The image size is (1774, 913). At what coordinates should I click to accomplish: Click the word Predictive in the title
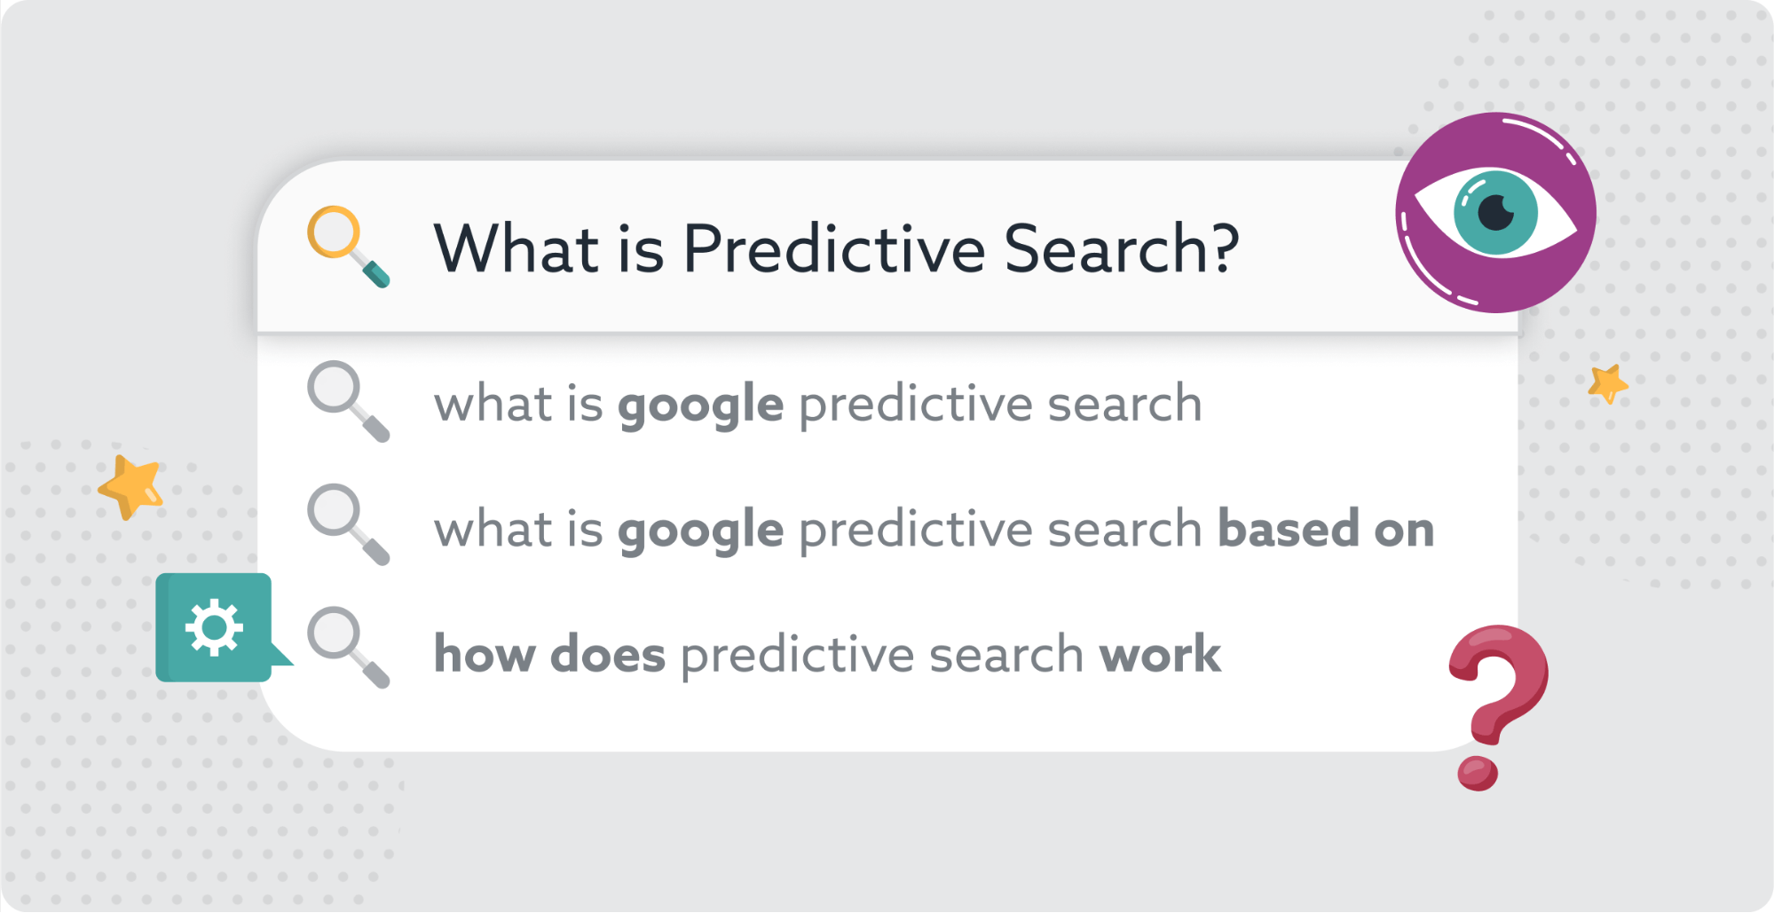pyautogui.click(x=834, y=248)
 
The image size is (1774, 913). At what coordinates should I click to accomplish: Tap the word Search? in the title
pyautogui.click(x=1122, y=248)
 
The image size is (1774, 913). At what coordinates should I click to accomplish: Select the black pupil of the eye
pyautogui.click(x=1496, y=212)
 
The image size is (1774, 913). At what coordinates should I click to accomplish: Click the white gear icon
pyautogui.click(x=213, y=627)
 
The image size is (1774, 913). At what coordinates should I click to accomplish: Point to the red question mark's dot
pyautogui.click(x=1478, y=773)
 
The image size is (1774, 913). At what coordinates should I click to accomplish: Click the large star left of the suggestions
pyautogui.click(x=131, y=486)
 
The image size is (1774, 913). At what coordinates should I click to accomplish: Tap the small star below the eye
pyautogui.click(x=1608, y=383)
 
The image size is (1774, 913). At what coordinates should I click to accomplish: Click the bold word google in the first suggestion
pyautogui.click(x=701, y=405)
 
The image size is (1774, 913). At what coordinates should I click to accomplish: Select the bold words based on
pyautogui.click(x=1326, y=529)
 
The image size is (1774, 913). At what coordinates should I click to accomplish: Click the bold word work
pyautogui.click(x=1160, y=655)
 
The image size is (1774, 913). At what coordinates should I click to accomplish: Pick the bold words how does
pyautogui.click(x=549, y=655)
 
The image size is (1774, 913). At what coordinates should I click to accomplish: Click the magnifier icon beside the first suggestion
pyautogui.click(x=348, y=401)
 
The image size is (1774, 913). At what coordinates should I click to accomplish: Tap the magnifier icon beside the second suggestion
pyautogui.click(x=348, y=524)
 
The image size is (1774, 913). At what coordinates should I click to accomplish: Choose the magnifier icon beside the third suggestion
pyautogui.click(x=348, y=648)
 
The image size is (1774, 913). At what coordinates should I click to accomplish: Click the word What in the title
pyautogui.click(x=516, y=248)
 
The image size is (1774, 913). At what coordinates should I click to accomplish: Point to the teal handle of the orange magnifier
pyautogui.click(x=376, y=274)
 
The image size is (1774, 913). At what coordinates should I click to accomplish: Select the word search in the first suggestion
pyautogui.click(x=1124, y=405)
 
